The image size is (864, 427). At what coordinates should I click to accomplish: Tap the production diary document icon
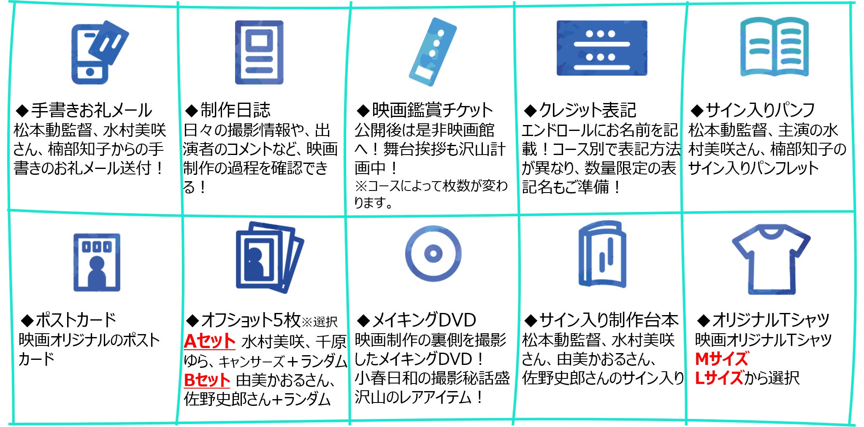tap(259, 52)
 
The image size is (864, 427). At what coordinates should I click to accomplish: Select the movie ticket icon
tap(433, 52)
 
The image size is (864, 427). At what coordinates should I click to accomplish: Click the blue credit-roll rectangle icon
tap(601, 48)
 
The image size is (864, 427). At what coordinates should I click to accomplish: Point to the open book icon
tap(774, 47)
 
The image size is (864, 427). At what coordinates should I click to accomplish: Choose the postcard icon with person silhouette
tap(97, 262)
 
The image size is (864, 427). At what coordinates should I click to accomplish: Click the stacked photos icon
tap(269, 257)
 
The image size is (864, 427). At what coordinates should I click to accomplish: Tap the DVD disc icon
tap(433, 253)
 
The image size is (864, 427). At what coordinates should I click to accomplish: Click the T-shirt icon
tap(771, 258)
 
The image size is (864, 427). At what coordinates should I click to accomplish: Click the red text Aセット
tap(209, 341)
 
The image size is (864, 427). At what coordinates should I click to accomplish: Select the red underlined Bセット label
tap(207, 380)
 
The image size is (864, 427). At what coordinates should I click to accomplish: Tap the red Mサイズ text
tap(721, 359)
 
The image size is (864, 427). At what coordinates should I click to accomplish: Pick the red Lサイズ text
tap(719, 378)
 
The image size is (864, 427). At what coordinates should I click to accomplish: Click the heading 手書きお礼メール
tap(91, 111)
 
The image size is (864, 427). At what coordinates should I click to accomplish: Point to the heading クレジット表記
tap(587, 111)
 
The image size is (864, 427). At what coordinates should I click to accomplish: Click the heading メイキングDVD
tap(424, 320)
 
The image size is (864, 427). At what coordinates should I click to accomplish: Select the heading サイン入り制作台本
tap(608, 320)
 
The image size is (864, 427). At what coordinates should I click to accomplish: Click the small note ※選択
tap(320, 322)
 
